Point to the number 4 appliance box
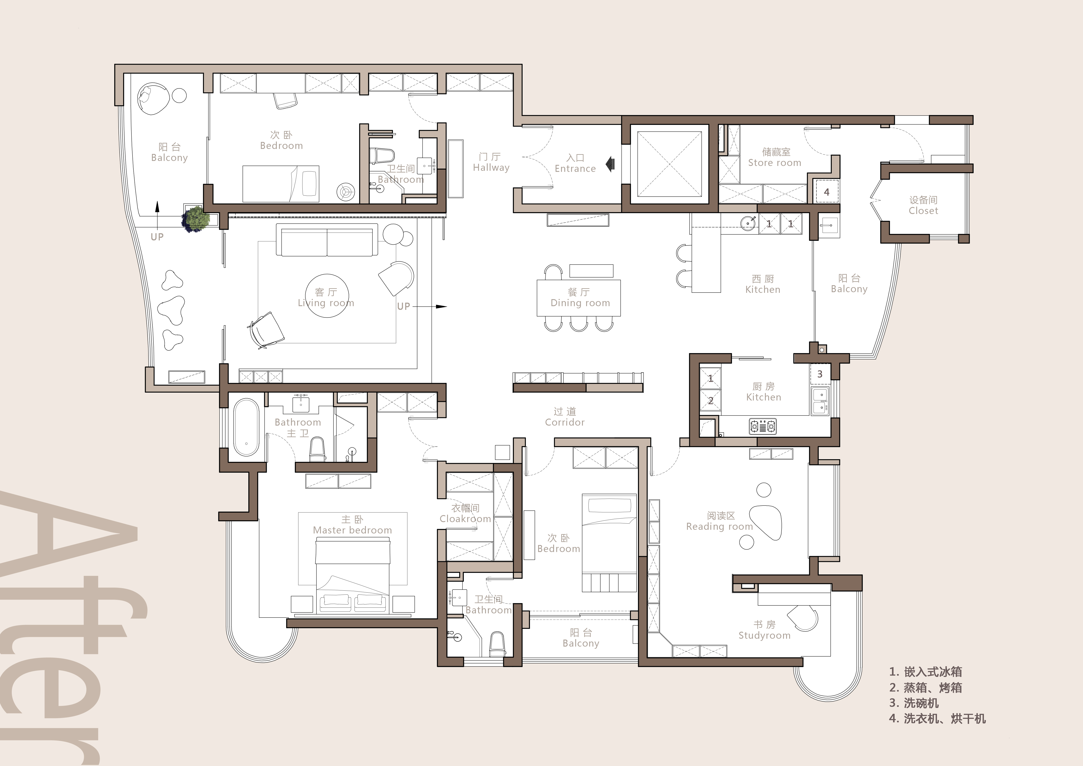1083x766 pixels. [x=826, y=191]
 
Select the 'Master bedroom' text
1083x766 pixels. [x=352, y=530]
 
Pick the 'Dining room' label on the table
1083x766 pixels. [x=580, y=303]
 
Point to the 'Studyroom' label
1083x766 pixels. [x=764, y=635]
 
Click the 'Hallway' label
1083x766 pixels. [x=491, y=167]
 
